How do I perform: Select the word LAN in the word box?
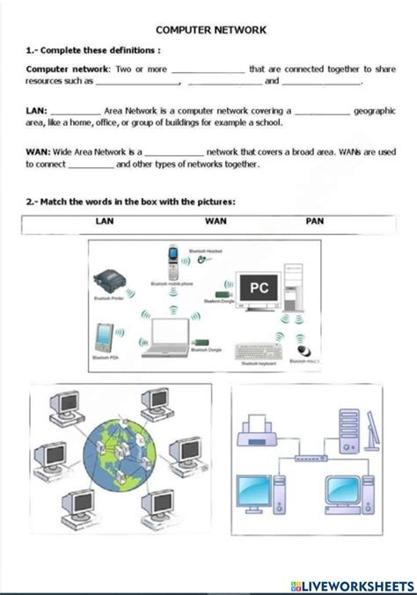pyautogui.click(x=104, y=222)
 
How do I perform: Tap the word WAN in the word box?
pyautogui.click(x=215, y=222)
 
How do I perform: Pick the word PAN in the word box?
pyautogui.click(x=314, y=222)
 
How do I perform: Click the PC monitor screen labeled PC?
pyautogui.click(x=259, y=288)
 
